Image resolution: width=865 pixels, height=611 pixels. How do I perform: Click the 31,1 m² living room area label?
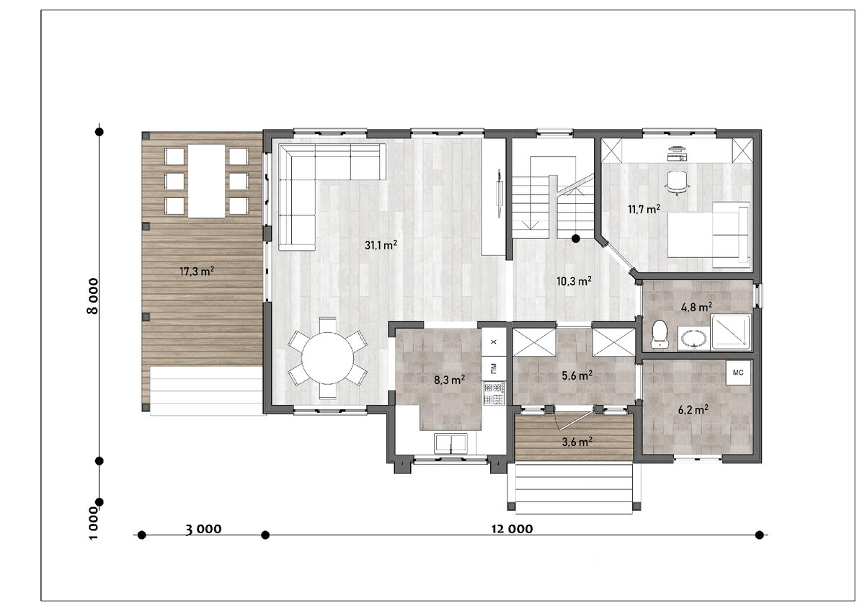click(x=381, y=245)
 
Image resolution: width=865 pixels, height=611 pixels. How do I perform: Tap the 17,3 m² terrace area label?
click(x=197, y=271)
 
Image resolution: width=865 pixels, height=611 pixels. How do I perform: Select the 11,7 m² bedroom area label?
click(x=644, y=209)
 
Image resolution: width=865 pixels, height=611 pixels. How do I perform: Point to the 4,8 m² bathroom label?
click(x=696, y=307)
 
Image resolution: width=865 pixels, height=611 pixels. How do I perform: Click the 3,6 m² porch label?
click(x=577, y=442)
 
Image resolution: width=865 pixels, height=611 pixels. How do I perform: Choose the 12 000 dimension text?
click(x=512, y=529)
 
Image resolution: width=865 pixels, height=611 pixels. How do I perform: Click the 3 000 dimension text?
click(x=203, y=529)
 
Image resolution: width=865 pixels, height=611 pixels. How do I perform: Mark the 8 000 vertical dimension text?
click(x=93, y=296)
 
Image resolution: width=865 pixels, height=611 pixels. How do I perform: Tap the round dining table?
click(x=327, y=358)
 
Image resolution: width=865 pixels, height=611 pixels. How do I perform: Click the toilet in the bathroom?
click(x=660, y=334)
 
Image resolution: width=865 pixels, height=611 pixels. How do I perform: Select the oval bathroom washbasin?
click(x=694, y=339)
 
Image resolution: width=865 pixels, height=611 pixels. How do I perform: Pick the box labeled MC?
click(x=738, y=373)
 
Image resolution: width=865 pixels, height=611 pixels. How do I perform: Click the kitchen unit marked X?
click(x=494, y=342)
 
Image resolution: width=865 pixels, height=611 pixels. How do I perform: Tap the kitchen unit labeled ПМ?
click(x=494, y=368)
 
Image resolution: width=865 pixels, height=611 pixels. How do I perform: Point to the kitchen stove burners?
click(x=494, y=393)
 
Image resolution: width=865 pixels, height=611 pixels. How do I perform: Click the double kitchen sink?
click(x=451, y=443)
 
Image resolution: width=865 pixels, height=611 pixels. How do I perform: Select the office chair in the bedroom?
click(x=678, y=182)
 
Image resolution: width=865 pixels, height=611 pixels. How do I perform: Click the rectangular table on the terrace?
click(x=207, y=181)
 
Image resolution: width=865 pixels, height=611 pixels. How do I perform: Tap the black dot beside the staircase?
click(x=576, y=239)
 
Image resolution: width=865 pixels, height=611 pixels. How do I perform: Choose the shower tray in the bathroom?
click(x=731, y=332)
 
